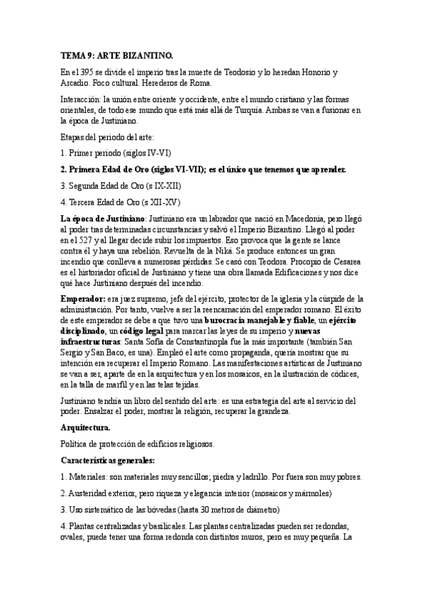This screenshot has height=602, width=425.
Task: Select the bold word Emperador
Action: pos(81,299)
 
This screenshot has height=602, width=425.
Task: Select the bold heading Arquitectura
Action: pos(85,428)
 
